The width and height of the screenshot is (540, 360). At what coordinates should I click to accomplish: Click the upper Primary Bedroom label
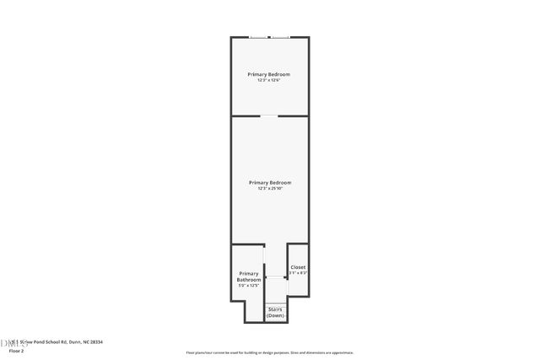pos(269,74)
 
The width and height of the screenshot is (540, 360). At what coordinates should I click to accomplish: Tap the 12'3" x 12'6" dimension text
pos(269,80)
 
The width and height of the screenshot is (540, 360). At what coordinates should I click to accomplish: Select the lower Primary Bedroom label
pos(270,182)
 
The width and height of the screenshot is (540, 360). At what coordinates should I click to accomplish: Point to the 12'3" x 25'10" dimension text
pos(270,188)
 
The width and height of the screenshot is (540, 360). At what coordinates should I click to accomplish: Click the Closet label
pos(299,267)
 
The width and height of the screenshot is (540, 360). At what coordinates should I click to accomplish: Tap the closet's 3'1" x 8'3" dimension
pos(299,273)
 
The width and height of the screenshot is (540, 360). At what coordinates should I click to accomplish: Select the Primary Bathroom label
pos(249,277)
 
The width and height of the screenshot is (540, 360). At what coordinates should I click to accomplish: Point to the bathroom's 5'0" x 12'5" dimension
pos(249,286)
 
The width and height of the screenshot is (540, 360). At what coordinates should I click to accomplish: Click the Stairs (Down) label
pos(275,312)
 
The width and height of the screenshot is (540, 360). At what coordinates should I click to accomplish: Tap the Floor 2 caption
pos(16,351)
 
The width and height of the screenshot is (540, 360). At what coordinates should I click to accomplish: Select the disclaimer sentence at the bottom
pos(270,352)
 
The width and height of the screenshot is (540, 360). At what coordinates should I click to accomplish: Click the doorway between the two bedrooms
pos(270,116)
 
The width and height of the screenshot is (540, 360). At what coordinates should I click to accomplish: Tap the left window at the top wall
pos(259,36)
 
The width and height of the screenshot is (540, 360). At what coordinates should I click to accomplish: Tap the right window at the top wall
pos(280,36)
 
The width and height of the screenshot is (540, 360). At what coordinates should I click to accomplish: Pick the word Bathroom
pos(249,280)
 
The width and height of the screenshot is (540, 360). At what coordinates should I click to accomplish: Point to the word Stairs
pos(275,309)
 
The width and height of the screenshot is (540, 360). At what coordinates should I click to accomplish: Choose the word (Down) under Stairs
pos(275,315)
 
